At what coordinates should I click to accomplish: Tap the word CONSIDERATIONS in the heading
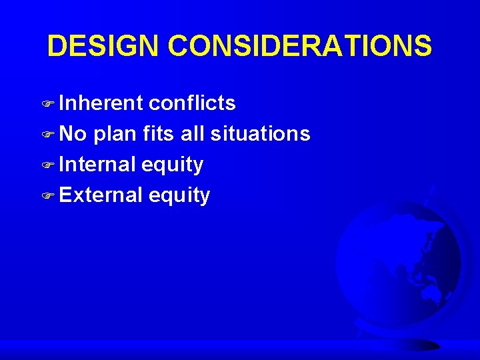pyautogui.click(x=300, y=46)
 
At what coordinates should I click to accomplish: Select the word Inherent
pyautogui.click(x=101, y=103)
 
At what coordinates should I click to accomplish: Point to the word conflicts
pyautogui.click(x=192, y=103)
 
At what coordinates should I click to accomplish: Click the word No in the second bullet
pyautogui.click(x=73, y=134)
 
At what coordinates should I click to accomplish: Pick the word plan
pyautogui.click(x=115, y=134)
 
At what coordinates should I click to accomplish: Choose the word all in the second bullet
pyautogui.click(x=193, y=134)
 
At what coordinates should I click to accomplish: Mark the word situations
pyautogui.click(x=260, y=134)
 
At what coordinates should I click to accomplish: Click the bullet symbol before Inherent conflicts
pyautogui.click(x=51, y=104)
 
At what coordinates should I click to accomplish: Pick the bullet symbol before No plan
pyautogui.click(x=51, y=135)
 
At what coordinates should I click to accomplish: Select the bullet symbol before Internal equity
pyautogui.click(x=51, y=165)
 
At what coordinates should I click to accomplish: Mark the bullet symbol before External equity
pyautogui.click(x=51, y=196)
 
